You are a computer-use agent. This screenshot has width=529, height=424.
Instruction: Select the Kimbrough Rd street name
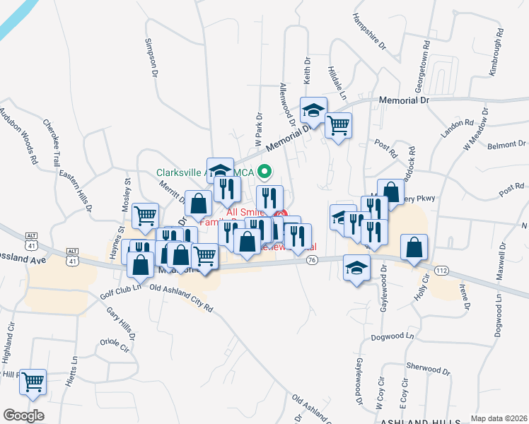pyautogui.click(x=497, y=52)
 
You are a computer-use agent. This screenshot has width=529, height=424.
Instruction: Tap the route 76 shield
pyautogui.click(x=312, y=261)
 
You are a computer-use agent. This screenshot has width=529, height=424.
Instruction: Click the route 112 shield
pyautogui.click(x=441, y=271)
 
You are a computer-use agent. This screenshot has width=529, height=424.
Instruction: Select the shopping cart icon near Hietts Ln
pyautogui.click(x=33, y=382)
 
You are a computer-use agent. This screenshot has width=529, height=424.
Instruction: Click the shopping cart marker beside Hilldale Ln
pyautogui.click(x=339, y=126)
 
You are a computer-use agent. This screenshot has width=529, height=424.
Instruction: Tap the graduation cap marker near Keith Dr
pyautogui.click(x=313, y=110)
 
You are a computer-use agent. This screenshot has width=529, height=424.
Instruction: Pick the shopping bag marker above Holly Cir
pyautogui.click(x=414, y=248)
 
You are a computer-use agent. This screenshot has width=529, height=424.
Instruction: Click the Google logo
pyautogui.click(x=23, y=416)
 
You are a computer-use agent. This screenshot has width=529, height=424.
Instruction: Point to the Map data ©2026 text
pyautogui.click(x=499, y=418)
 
